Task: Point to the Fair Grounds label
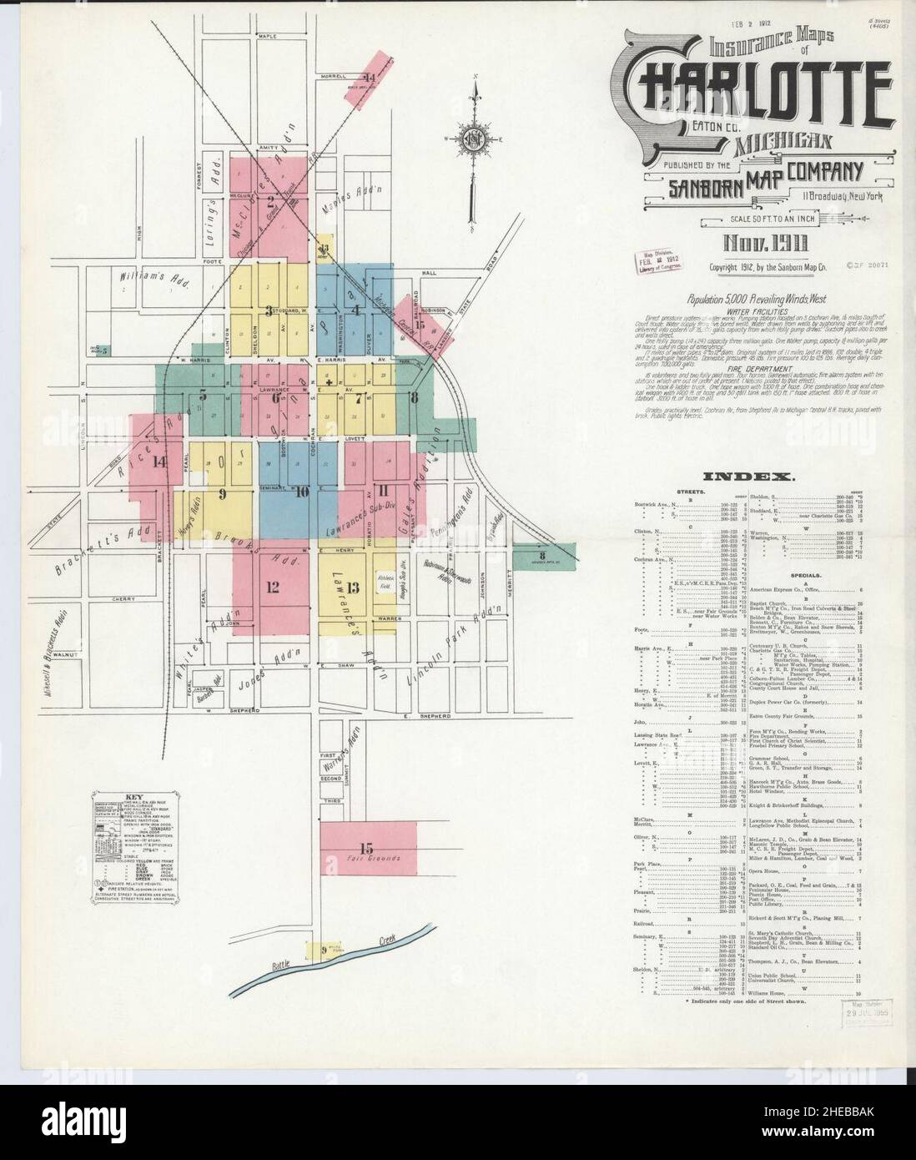tap(374, 858)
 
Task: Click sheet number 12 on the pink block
tap(273, 586)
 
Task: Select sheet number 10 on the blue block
tap(300, 491)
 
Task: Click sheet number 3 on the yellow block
tap(268, 311)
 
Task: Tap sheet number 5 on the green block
tap(202, 396)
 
